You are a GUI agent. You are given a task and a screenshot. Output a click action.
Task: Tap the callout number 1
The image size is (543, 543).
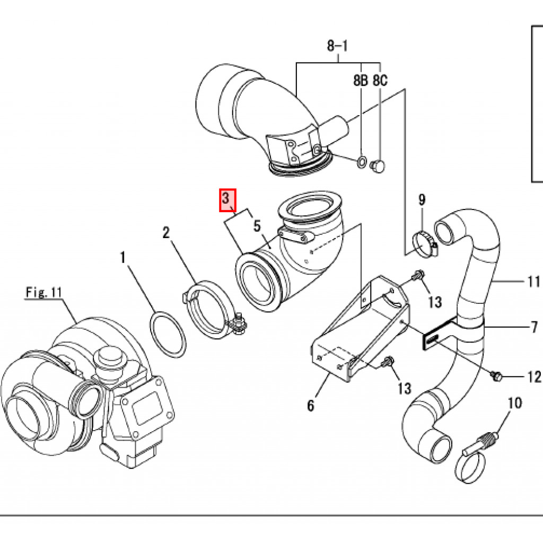tap(122, 258)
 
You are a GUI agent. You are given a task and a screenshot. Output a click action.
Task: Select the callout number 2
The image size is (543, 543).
tap(166, 232)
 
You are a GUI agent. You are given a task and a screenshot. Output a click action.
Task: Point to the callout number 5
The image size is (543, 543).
tap(257, 226)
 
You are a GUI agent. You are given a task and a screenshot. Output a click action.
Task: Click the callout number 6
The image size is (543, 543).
tap(311, 406)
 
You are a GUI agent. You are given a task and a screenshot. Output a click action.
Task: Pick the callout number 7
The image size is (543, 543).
tap(534, 327)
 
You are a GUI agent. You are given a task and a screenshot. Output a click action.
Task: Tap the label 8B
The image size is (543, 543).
tap(361, 81)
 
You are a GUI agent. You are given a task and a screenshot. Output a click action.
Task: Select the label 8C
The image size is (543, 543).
tap(380, 81)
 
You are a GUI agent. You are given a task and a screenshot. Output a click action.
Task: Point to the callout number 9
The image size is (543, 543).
tap(422, 200)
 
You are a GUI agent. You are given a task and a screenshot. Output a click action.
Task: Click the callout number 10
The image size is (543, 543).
tap(515, 402)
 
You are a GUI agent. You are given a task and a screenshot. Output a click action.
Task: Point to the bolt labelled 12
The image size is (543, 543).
tap(496, 375)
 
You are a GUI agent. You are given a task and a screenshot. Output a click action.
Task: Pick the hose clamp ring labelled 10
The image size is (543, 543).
tap(470, 467)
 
